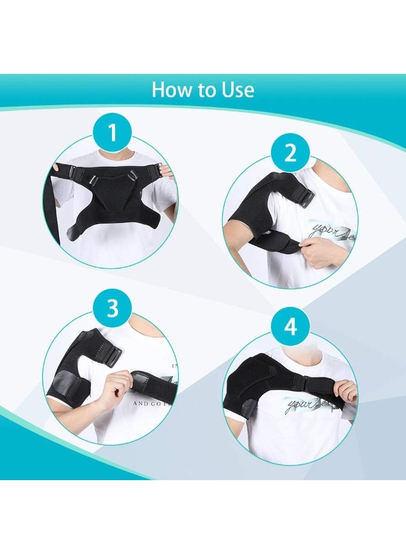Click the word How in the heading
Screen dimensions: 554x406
coord(171,90)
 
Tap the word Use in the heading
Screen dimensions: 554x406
coord(236,90)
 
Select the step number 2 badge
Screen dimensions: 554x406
coord(290,153)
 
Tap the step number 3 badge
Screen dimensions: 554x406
coord(112,308)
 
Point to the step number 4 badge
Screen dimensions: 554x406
coord(289,327)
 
